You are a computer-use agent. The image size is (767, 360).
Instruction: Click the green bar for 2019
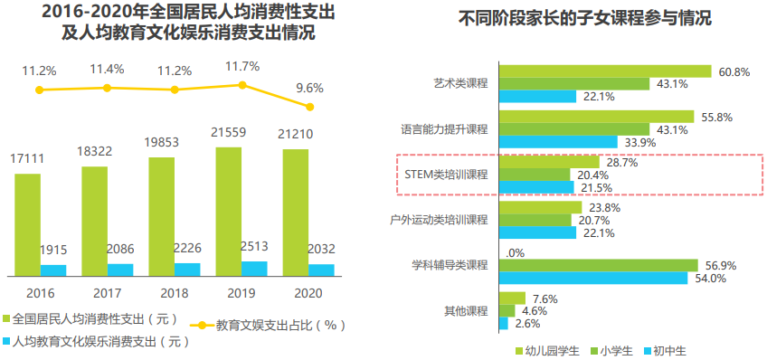(x=229, y=211)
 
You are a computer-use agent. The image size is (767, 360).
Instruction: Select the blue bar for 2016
(x=53, y=270)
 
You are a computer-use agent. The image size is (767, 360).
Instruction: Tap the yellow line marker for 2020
(x=310, y=107)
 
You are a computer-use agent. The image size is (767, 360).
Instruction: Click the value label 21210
(x=295, y=135)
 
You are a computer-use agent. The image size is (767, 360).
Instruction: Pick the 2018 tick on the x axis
(x=174, y=293)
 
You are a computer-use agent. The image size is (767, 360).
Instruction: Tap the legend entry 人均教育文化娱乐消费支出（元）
(x=100, y=341)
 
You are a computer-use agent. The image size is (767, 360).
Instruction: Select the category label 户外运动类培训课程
(x=439, y=220)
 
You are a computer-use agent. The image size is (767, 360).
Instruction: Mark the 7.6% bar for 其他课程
(x=512, y=298)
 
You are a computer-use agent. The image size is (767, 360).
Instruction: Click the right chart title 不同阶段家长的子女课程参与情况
(x=585, y=18)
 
